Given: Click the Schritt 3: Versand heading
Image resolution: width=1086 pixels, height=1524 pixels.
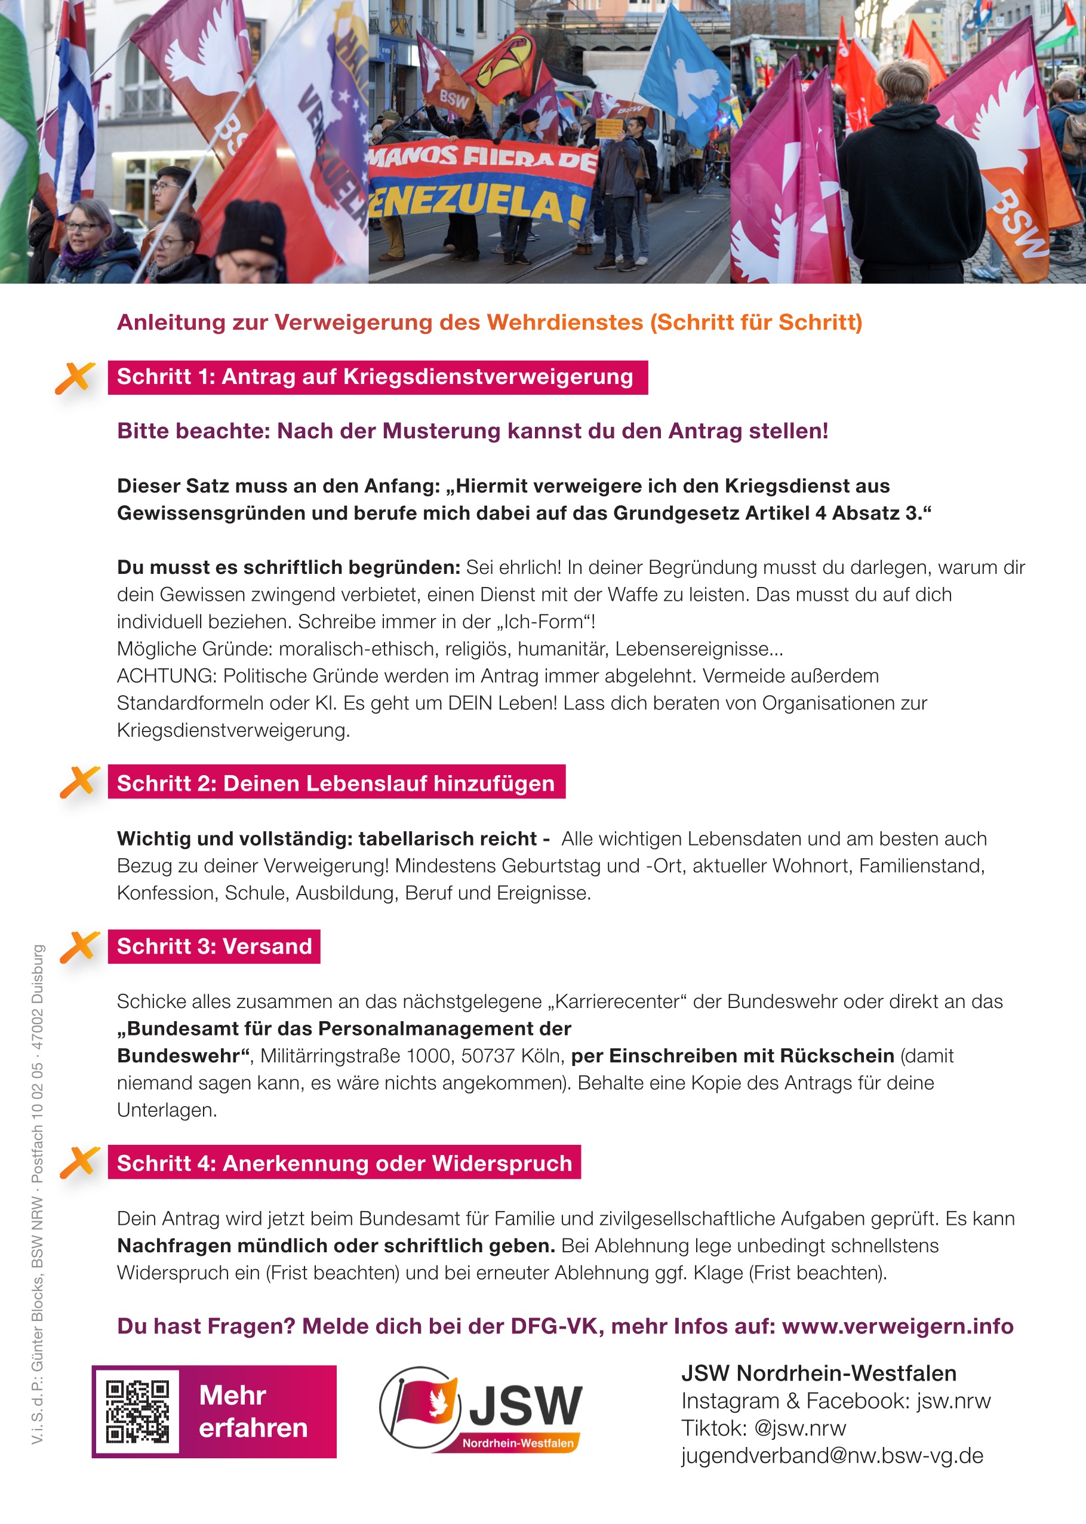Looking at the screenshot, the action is click(x=214, y=947).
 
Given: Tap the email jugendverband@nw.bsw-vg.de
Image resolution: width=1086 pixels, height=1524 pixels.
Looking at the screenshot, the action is click(x=832, y=1455).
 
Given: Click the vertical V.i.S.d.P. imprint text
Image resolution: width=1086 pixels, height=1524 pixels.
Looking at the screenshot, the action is click(x=38, y=1194).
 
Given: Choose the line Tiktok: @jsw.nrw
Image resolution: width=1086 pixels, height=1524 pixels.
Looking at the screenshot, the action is click(x=763, y=1428).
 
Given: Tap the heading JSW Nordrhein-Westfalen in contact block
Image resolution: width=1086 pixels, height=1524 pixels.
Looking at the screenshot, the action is click(x=819, y=1373).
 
